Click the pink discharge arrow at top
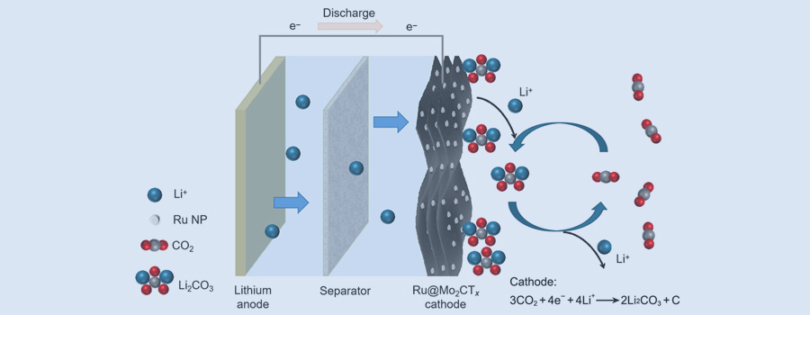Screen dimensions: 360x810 tap(350, 27)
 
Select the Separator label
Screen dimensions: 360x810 tap(345, 291)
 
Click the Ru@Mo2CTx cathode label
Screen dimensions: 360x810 tap(446, 297)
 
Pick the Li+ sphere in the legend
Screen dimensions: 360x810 tap(154, 194)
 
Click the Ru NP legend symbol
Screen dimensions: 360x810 tap(154, 220)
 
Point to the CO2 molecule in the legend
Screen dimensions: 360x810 tap(154, 246)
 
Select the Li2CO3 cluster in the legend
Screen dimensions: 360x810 tap(154, 282)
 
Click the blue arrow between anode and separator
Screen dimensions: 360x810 tap(291, 202)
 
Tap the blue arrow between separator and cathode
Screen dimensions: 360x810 tap(391, 121)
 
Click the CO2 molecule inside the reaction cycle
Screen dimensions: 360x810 tap(605, 176)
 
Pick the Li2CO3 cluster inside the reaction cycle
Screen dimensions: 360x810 tap(509, 176)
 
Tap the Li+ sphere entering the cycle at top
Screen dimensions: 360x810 tap(515, 106)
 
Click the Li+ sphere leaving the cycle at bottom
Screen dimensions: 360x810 tap(605, 247)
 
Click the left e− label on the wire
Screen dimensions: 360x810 tap(294, 27)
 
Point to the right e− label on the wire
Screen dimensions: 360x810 tap(411, 27)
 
